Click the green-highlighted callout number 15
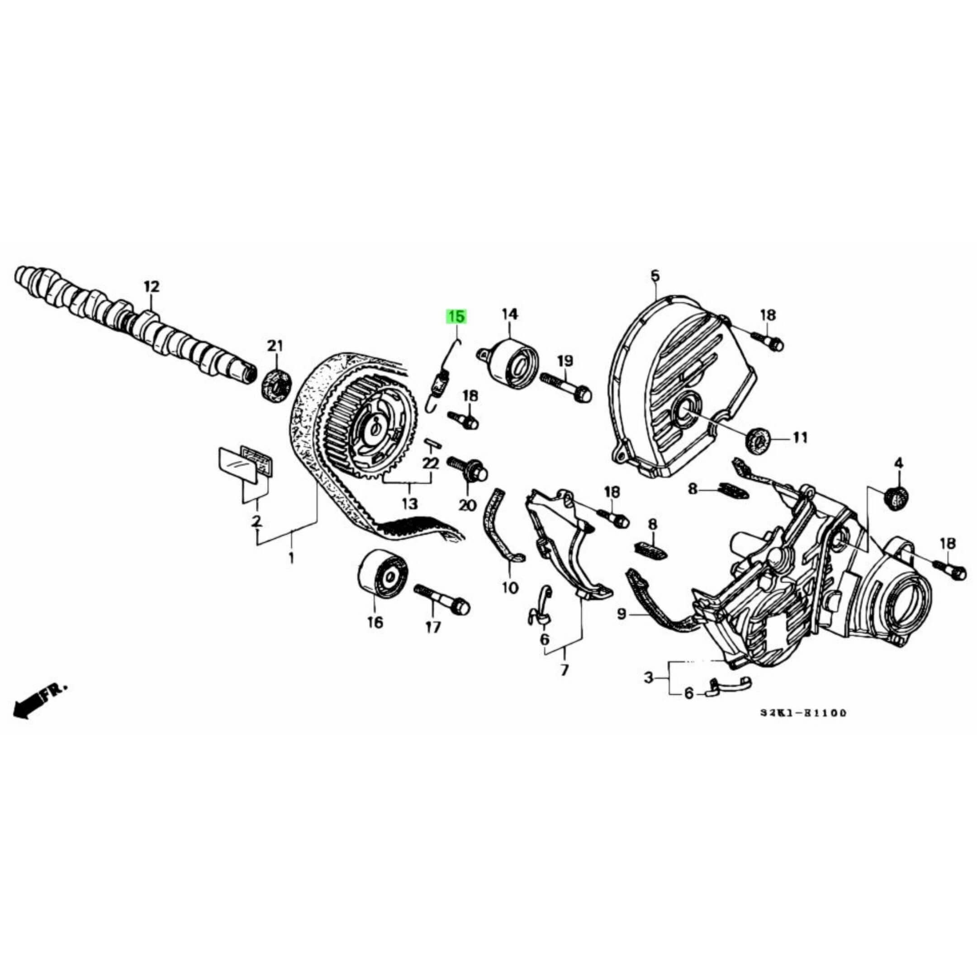click(455, 317)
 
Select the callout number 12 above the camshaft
click(152, 287)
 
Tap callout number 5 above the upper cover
click(655, 275)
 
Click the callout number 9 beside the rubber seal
click(621, 614)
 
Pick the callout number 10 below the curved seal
click(510, 588)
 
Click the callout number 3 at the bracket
click(649, 677)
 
